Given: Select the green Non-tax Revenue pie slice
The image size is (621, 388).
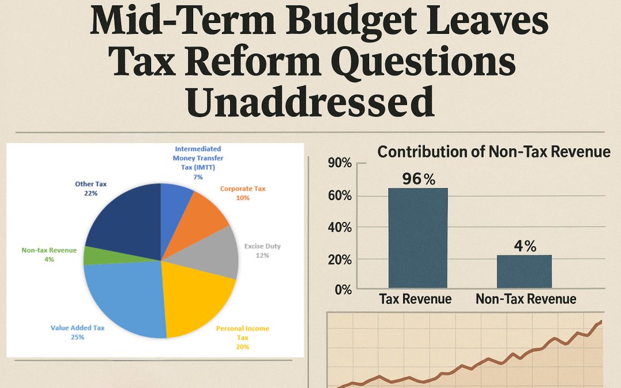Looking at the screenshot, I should (91, 255).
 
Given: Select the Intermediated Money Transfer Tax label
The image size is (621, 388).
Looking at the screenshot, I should (198, 163).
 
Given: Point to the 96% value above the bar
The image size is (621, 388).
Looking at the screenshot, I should (419, 179).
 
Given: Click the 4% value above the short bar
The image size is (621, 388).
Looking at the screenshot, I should (525, 247).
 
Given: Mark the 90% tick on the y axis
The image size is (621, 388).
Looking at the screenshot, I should (339, 164).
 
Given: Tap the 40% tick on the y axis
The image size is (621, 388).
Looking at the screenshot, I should (339, 228).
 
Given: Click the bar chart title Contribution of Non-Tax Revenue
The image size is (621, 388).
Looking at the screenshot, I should (493, 152).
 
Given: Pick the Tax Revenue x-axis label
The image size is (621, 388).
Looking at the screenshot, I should (415, 299).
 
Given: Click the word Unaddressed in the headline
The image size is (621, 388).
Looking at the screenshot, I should (310, 102).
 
